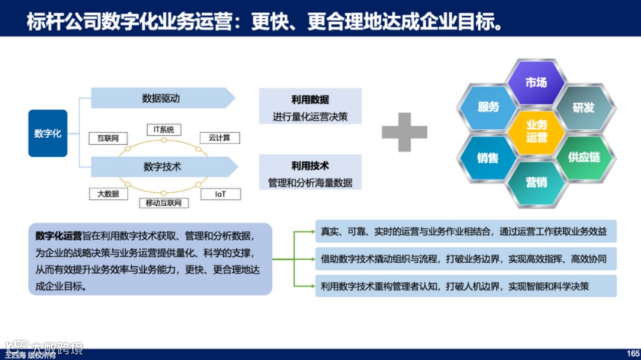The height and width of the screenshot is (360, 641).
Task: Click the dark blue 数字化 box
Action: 47,133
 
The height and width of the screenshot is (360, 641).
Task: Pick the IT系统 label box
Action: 164,129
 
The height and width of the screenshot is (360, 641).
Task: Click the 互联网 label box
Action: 108,138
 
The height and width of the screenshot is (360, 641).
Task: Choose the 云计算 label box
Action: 219,138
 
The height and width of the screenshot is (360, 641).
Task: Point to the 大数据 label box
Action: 108,194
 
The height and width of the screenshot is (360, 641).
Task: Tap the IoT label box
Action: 220,194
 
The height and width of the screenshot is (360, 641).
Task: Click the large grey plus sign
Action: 404,132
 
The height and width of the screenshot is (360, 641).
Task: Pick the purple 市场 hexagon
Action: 536,83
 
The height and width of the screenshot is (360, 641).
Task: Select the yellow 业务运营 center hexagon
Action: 536,131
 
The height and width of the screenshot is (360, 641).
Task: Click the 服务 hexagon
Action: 488,107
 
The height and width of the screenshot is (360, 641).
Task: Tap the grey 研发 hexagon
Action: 583,107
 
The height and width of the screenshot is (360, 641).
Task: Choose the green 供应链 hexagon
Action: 584,157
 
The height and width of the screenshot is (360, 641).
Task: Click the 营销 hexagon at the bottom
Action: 536,182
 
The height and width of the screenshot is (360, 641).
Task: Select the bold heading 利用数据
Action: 310,100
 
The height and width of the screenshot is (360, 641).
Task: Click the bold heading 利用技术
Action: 310,166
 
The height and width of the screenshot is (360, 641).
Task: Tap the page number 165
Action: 633,353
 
